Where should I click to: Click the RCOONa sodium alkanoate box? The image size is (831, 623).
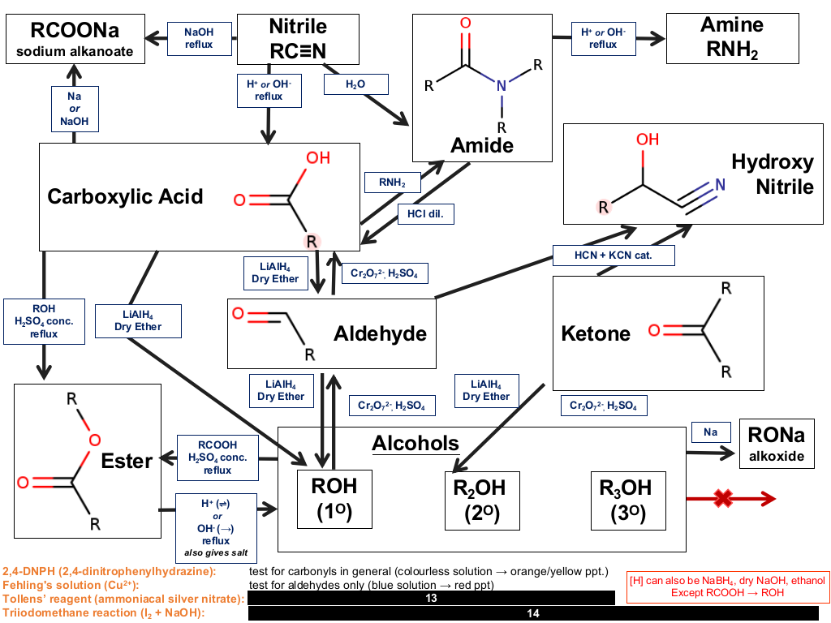point(75,39)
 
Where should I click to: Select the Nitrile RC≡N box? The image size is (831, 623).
point(298,39)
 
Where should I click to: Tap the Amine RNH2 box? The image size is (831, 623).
point(733,39)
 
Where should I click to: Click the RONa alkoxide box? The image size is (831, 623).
point(777,444)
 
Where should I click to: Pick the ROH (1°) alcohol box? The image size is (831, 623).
point(334,499)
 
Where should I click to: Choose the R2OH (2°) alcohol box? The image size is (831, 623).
point(482,501)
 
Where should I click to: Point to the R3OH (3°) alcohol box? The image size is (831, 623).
point(629,501)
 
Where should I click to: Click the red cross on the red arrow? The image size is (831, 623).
point(723,498)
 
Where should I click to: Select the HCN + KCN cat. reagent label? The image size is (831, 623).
point(614,256)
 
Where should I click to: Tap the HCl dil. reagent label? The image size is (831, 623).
point(425,214)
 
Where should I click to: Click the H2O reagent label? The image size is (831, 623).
point(355,84)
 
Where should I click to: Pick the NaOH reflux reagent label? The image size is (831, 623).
point(200,38)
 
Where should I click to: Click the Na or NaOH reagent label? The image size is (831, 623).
point(75,109)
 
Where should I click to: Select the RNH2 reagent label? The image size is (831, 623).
point(392,183)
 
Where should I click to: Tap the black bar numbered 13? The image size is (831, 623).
point(432,598)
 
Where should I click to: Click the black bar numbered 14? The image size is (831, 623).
point(533,613)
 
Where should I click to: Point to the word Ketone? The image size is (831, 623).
point(596,333)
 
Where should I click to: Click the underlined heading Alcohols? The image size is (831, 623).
point(415,444)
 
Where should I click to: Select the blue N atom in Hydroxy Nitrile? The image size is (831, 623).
point(721,184)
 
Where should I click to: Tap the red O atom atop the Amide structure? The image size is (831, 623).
point(465,23)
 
